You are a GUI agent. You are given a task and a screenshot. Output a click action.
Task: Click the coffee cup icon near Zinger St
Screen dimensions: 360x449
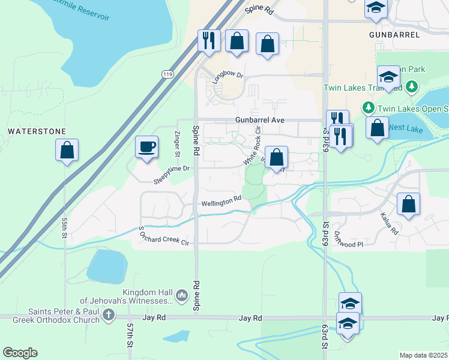coord(147,148)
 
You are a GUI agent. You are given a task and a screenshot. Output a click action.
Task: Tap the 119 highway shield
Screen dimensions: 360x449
coord(167,73)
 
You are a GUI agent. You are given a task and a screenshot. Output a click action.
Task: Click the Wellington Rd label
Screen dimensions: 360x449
coord(221,202)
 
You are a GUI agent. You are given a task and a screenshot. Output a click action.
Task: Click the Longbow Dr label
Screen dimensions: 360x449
coord(227,75)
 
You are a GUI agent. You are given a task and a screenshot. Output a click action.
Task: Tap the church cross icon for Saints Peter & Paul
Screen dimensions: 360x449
coord(108,314)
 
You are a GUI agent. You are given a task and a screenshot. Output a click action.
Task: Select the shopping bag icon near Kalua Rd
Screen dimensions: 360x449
coord(408,204)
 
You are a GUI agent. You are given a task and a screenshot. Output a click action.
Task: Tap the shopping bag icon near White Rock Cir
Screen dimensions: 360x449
coord(276,158)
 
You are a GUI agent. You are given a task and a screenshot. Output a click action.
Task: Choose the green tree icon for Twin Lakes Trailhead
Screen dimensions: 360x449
coord(411,87)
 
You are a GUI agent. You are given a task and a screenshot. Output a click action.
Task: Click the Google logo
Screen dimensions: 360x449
coord(20,353)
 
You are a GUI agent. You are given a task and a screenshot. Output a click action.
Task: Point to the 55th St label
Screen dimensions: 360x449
coord(65,227)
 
